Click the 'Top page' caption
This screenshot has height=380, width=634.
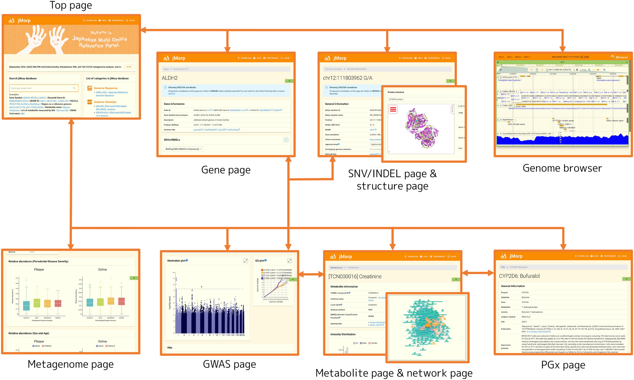(71, 5)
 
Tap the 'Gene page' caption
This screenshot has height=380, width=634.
(226, 170)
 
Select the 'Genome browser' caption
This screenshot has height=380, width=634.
(562, 168)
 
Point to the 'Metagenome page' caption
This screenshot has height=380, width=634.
(71, 364)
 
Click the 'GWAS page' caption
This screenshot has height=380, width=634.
(229, 364)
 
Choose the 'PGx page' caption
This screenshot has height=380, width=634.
(563, 365)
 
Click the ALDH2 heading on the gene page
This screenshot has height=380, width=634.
(170, 78)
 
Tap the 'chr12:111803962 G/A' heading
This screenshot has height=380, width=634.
(347, 78)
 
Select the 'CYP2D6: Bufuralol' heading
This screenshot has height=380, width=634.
(519, 276)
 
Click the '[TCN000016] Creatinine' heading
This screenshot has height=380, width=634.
(355, 276)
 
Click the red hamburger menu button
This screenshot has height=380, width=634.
(393, 109)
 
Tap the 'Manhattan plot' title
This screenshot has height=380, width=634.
(176, 261)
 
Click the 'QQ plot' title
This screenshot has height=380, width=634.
(260, 261)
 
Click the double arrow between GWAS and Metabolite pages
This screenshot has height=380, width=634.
(311, 274)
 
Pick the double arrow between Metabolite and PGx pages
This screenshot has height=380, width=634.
(477, 273)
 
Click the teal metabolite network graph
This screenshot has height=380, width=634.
(427, 327)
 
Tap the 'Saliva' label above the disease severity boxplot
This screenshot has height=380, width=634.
(102, 269)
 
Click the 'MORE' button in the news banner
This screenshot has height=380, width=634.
(129, 67)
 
